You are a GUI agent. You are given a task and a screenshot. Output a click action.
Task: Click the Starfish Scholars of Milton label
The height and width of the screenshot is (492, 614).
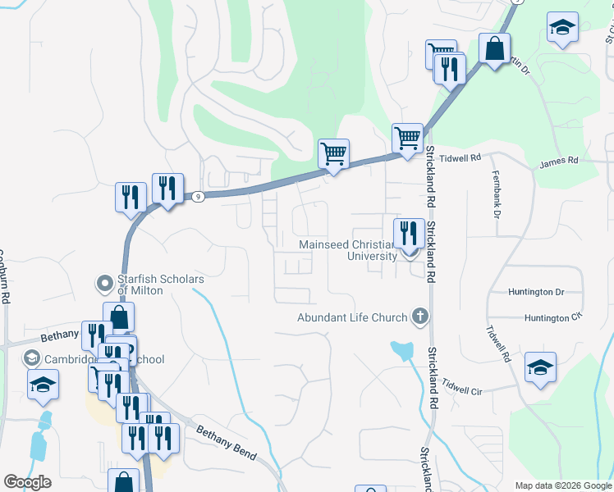(x=160, y=284)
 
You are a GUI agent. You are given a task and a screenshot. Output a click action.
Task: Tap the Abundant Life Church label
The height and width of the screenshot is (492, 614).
(x=353, y=318)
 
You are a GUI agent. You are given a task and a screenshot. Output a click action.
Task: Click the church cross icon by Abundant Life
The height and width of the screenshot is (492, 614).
(x=420, y=317)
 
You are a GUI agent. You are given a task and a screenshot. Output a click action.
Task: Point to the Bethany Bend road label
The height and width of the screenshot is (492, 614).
(x=226, y=443)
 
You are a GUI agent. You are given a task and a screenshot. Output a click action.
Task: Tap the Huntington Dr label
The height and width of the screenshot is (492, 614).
(x=537, y=291)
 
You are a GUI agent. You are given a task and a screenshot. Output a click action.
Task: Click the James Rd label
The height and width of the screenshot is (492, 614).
(x=559, y=162)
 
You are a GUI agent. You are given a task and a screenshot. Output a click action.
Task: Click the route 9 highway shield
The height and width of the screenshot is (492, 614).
(x=198, y=197)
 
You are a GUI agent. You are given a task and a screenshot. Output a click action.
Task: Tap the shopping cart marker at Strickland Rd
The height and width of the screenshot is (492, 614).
(x=407, y=137)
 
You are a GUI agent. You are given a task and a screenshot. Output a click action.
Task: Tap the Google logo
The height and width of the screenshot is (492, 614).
(x=27, y=482)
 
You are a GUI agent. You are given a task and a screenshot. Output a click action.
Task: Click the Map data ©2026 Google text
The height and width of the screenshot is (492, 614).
(x=563, y=485)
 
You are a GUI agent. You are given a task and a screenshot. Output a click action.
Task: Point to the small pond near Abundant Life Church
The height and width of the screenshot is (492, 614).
(x=402, y=351)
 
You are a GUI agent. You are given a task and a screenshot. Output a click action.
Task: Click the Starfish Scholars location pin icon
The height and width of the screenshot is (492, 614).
(x=104, y=284)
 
